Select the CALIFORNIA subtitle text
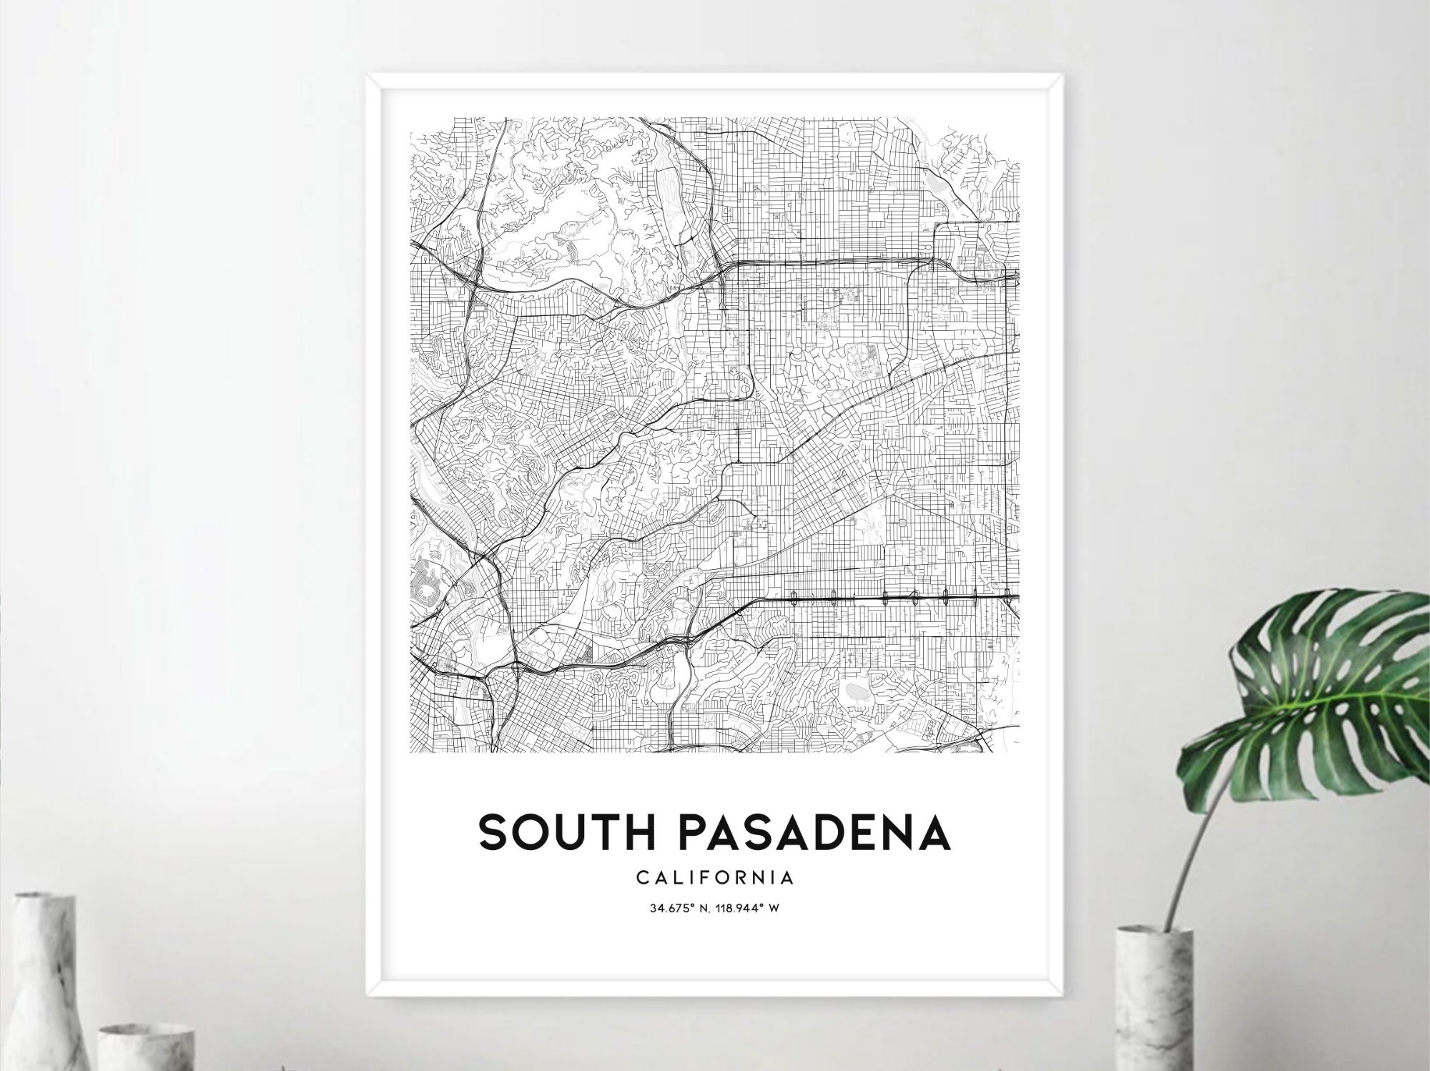pyautogui.click(x=714, y=877)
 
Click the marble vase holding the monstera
pyautogui.click(x=1155, y=1001)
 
